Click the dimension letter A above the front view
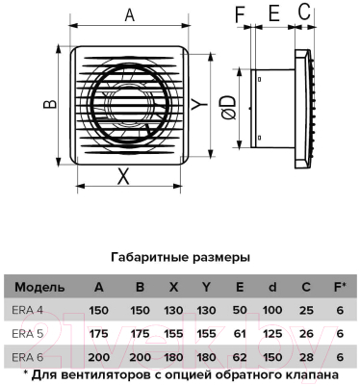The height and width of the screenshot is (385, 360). pyautogui.click(x=129, y=15)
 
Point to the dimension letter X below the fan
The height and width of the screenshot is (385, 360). pyautogui.click(x=122, y=175)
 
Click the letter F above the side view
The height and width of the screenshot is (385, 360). pyautogui.click(x=242, y=13)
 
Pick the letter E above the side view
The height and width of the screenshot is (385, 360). pyautogui.click(x=272, y=13)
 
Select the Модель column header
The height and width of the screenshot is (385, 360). pyautogui.click(x=40, y=288)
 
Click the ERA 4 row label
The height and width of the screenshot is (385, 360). pyautogui.click(x=28, y=310)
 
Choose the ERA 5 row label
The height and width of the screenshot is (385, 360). pyautogui.click(x=28, y=334)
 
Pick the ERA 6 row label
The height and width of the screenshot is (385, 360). pyautogui.click(x=28, y=357)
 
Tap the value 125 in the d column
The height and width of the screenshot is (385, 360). pyautogui.click(x=272, y=334)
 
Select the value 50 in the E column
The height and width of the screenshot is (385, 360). pyautogui.click(x=240, y=310)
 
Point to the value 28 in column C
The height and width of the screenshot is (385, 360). pyautogui.click(x=306, y=357)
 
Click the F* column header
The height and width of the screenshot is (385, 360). pyautogui.click(x=338, y=288)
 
